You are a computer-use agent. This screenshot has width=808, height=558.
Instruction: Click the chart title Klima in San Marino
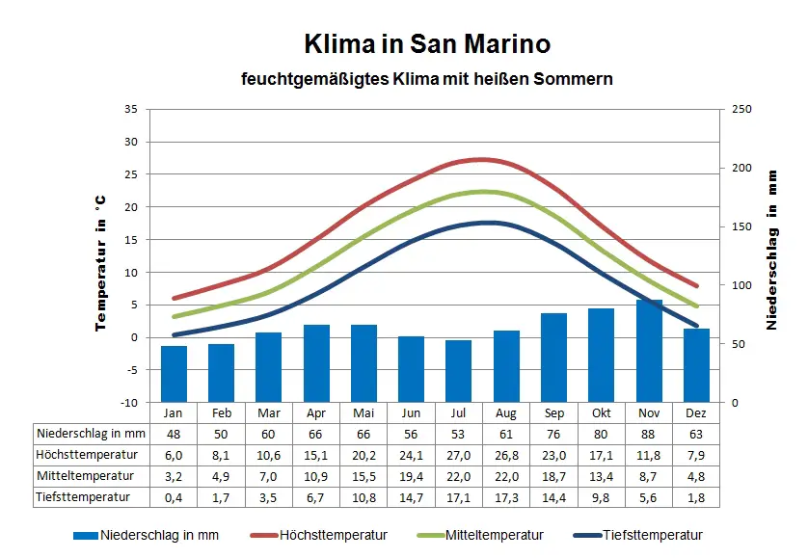coord(427,44)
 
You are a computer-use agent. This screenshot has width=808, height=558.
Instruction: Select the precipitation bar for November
coord(649,351)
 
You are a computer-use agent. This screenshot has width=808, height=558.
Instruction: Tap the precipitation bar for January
coord(174,374)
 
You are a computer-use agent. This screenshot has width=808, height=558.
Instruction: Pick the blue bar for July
coord(459,371)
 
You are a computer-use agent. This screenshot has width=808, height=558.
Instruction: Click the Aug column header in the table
coord(506,412)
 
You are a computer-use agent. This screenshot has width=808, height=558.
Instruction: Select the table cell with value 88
coord(649,434)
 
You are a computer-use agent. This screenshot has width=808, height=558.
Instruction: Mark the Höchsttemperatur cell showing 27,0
coord(459,455)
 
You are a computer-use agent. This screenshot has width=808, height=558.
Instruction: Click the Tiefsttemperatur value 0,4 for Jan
coord(174,497)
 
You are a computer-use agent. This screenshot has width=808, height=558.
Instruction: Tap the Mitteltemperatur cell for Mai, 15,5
coord(364,476)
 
